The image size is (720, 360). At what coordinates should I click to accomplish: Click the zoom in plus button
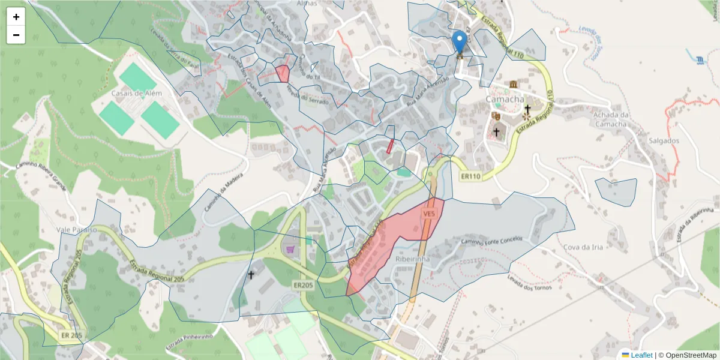coord(16,17)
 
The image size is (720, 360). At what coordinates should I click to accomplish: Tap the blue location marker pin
coord(460,42)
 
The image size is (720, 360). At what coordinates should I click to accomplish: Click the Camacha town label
coord(505,99)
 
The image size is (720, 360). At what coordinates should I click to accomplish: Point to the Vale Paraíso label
coord(77,230)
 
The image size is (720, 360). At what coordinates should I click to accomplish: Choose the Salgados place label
coord(663,141)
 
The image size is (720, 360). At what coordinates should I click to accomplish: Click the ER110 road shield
coord(472,177)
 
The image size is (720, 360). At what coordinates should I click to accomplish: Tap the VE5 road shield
coord(428,214)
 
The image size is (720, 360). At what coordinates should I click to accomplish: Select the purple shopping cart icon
coord(291,248)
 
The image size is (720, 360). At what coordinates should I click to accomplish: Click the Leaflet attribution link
coord(641,355)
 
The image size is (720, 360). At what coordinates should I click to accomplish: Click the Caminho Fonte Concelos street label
coord(491,241)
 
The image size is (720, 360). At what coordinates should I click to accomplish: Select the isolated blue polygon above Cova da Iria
coord(617,191)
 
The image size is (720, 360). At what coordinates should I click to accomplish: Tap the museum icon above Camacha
coord(514,83)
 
